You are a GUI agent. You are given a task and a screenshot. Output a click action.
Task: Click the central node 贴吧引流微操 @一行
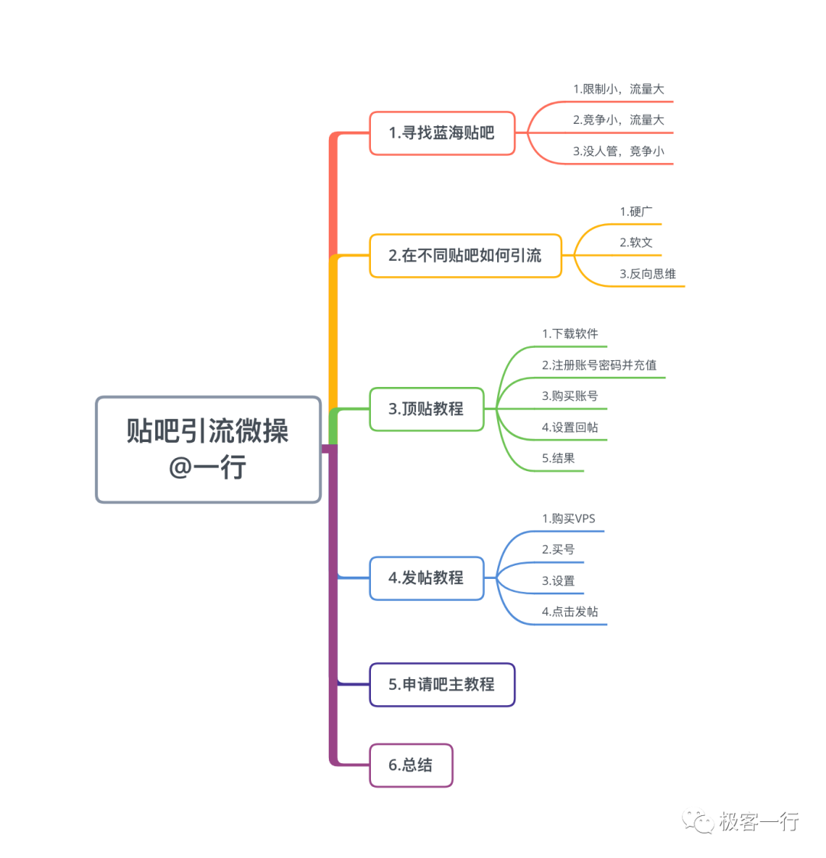pos(208,449)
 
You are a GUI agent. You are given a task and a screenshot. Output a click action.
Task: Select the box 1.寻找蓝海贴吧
pos(442,133)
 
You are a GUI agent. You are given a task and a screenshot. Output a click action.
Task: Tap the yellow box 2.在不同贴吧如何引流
pos(465,255)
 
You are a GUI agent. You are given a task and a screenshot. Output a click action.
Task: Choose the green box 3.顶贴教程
pos(426,409)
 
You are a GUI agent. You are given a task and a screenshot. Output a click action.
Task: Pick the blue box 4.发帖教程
pos(426,578)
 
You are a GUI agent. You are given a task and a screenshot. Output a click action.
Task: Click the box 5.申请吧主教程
pos(442,684)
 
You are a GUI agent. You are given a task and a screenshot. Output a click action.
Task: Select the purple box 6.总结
pos(411,765)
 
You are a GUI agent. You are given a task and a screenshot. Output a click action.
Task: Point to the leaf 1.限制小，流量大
pos(619,89)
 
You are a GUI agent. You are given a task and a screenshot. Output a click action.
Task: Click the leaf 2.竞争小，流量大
pos(619,120)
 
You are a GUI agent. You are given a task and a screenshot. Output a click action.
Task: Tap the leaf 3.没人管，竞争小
pos(619,151)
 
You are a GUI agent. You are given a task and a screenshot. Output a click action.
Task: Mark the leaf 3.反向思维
pos(648,274)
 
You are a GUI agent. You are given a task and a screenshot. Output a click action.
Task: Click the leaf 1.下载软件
pos(571,334)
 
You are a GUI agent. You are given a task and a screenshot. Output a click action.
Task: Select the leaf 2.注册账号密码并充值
pos(600,366)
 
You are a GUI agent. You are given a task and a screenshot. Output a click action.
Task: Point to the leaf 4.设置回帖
pos(571,428)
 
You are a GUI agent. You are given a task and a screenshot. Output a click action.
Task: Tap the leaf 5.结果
pos(558,459)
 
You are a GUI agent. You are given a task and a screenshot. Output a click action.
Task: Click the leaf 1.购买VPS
pos(568,518)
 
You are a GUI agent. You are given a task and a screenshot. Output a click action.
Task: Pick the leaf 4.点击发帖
pos(571,612)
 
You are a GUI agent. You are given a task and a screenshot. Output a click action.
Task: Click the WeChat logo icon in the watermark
pos(698,821)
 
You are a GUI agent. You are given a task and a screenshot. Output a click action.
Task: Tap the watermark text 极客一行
pos(759,822)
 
